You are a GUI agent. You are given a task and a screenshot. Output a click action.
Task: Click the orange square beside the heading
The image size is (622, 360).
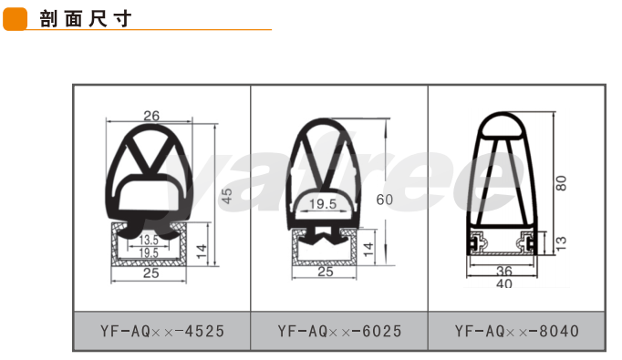click(x=16, y=19)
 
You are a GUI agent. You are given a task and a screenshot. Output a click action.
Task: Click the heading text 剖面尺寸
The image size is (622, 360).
click(x=86, y=18)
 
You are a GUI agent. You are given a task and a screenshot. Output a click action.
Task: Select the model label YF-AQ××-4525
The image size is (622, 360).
click(x=162, y=331)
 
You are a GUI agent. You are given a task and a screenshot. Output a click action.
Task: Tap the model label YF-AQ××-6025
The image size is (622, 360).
click(x=339, y=331)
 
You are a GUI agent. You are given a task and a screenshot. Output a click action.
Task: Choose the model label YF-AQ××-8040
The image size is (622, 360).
click(x=517, y=331)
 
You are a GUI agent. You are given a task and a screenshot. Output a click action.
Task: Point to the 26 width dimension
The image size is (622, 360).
click(x=151, y=116)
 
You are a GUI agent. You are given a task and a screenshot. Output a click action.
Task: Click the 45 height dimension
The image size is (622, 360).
click(x=226, y=196)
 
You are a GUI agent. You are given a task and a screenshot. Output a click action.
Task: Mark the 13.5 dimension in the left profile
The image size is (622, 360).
click(x=149, y=240)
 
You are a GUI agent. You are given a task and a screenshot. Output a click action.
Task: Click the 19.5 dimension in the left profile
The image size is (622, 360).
click(x=149, y=252)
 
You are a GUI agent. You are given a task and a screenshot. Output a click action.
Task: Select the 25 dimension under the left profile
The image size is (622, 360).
click(x=151, y=273)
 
